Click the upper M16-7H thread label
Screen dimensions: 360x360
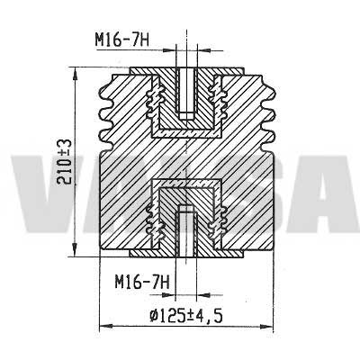click(x=122, y=40)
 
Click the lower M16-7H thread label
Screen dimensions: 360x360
click(x=142, y=282)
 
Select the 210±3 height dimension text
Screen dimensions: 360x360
click(x=65, y=161)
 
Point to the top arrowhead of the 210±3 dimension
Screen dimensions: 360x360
click(x=75, y=73)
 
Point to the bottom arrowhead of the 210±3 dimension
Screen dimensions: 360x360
click(x=75, y=250)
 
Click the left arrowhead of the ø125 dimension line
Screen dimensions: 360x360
click(x=105, y=326)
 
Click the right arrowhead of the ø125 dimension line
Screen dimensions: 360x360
click(x=266, y=326)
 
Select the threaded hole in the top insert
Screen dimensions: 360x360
click(x=186, y=94)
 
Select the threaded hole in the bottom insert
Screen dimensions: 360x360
click(x=186, y=230)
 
